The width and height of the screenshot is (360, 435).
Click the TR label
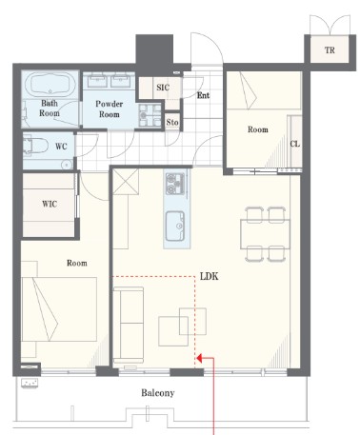pos(330,50)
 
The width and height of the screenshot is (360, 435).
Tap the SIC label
pos(163,88)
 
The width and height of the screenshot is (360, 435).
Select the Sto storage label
pos(172,122)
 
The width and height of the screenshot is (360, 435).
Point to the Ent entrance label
pos(203,95)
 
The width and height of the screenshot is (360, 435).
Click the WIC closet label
pos(50,204)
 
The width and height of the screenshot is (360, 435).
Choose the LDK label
pos(210,276)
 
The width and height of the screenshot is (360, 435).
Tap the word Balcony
pos(158,393)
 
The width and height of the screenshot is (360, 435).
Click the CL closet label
pos(295,144)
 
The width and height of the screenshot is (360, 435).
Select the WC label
pos(61,147)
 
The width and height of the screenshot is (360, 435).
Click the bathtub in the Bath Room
pos(50,84)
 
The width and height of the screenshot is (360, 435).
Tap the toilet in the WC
pos(35,147)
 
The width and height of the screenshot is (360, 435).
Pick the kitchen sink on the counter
pos(175,226)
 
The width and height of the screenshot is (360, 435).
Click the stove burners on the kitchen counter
pos(175,184)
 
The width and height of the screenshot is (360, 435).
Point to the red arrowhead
pos(200,359)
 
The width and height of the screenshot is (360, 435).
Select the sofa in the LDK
pos(129,325)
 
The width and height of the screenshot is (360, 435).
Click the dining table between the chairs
pos(265,234)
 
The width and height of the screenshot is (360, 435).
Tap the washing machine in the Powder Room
pos(150,116)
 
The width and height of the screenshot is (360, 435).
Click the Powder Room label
pos(110,109)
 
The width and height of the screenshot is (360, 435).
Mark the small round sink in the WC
pos(67,165)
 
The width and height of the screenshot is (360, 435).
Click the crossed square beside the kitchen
pos(126,181)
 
